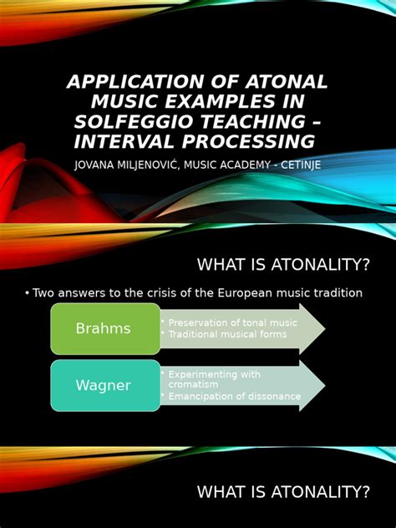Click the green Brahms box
(104, 328)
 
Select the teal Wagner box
(104, 385)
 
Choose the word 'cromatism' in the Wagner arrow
(194, 384)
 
